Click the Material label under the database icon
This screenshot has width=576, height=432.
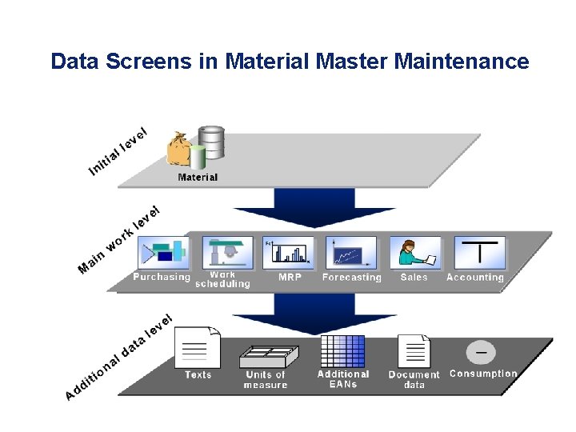click(x=198, y=177)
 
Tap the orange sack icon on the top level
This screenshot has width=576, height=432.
click(x=178, y=150)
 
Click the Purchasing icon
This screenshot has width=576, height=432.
click(x=162, y=253)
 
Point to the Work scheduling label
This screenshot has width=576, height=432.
click(x=222, y=279)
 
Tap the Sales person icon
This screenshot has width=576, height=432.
click(x=414, y=253)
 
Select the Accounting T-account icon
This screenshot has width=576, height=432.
click(x=478, y=253)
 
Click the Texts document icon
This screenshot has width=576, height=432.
click(x=197, y=348)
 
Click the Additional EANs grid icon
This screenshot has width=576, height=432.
click(x=342, y=350)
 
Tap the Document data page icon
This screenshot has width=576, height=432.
click(x=414, y=350)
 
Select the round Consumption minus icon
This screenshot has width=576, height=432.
click(x=481, y=352)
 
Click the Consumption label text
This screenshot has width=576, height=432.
click(x=483, y=374)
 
